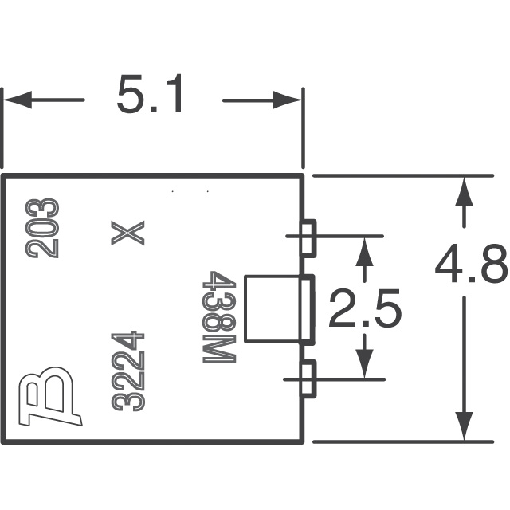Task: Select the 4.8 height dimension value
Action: click(471, 264)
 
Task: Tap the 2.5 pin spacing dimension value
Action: click(365, 308)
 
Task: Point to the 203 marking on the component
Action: click(42, 229)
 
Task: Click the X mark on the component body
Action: click(127, 233)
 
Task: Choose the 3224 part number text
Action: click(127, 371)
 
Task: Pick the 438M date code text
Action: click(219, 316)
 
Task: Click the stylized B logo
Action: click(50, 395)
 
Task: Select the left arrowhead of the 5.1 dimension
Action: click(18, 100)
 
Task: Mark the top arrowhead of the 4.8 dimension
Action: click(464, 190)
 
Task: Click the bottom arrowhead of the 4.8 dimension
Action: click(464, 426)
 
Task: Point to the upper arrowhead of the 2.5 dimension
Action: click(364, 252)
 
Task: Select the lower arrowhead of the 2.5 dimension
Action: click(364, 363)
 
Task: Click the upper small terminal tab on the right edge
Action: click(308, 238)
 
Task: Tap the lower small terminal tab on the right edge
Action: click(308, 379)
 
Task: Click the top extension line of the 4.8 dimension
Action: click(403, 175)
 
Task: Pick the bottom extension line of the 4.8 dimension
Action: click(403, 441)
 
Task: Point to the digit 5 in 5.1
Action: click(130, 94)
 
